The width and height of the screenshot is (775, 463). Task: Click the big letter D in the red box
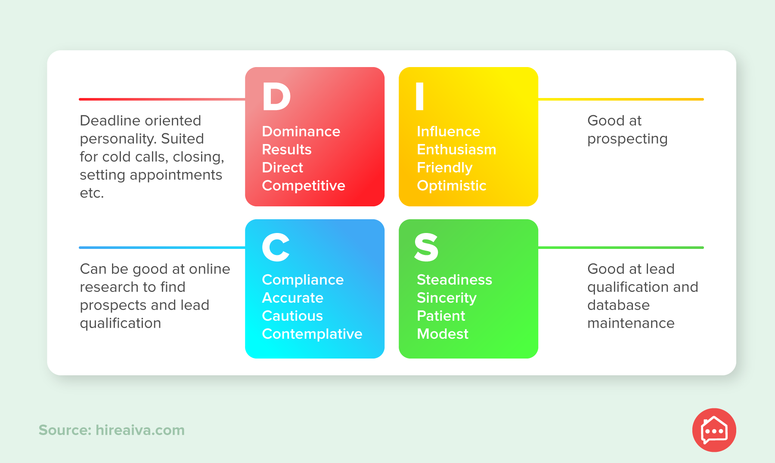[x=276, y=96]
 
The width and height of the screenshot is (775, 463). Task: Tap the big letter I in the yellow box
[x=420, y=96]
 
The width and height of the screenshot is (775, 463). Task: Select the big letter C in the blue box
[x=276, y=247]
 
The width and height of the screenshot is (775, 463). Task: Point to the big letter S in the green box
[x=426, y=247]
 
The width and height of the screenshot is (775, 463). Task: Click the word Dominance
[x=301, y=131]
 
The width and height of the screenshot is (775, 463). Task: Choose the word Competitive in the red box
[x=304, y=185]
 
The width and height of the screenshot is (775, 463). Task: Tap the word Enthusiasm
[x=456, y=149]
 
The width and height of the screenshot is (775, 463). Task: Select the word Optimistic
[x=452, y=185]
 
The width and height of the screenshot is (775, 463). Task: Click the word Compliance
[x=303, y=280]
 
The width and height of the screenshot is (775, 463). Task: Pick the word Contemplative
[x=312, y=334]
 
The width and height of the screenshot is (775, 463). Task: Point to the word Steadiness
[x=454, y=279]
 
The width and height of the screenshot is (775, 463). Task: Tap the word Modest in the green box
[x=443, y=334]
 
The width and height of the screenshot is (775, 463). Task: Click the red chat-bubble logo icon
[x=714, y=430]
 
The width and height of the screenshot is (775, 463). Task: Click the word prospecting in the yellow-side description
[x=627, y=139]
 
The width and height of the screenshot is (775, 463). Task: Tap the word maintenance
[x=631, y=323]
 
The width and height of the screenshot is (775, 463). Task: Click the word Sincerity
[x=446, y=298]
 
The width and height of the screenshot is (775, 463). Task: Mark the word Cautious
[x=292, y=316]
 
